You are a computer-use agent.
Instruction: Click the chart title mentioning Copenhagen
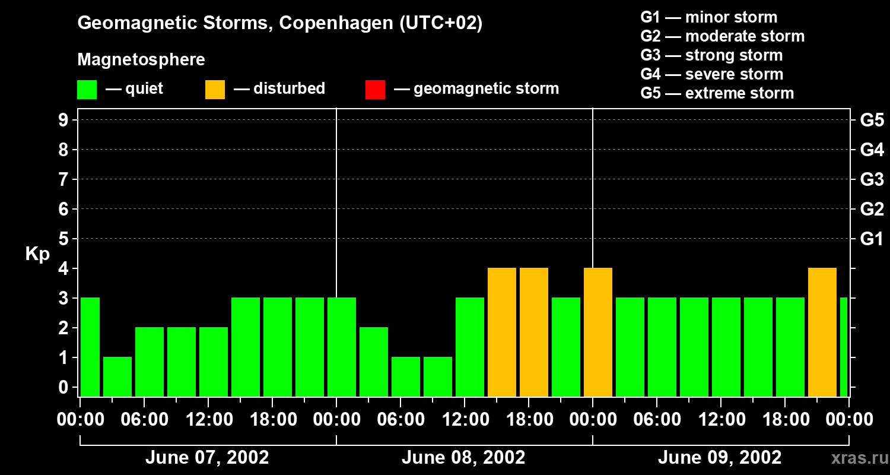(x=279, y=23)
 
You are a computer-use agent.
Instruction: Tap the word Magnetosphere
(x=141, y=60)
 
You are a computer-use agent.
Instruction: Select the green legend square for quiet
(x=87, y=89)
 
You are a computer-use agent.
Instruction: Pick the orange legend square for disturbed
(x=215, y=89)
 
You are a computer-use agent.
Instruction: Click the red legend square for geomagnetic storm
(x=375, y=89)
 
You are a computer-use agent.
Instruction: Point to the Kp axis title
(x=37, y=254)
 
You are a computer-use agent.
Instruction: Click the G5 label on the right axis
(x=872, y=120)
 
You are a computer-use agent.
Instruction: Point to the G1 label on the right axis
(x=872, y=239)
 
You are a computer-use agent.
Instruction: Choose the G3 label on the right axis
(x=872, y=179)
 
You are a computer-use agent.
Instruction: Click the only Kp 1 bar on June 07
(x=117, y=376)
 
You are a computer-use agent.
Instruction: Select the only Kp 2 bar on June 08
(x=374, y=362)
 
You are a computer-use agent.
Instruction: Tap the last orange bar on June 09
(x=822, y=332)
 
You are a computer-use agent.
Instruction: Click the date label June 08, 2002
(x=463, y=458)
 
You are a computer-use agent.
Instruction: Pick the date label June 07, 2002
(x=207, y=458)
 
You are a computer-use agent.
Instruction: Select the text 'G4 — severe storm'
(x=712, y=74)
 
